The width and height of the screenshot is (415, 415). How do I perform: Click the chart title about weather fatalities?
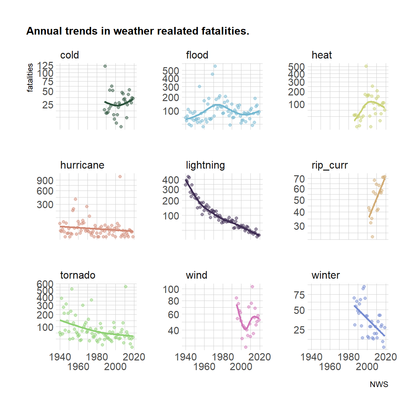[138, 31]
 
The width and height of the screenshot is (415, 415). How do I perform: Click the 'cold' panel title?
[69, 55]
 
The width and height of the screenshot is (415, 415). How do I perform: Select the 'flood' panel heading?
[197, 55]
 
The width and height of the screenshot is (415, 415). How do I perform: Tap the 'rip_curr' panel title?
[330, 165]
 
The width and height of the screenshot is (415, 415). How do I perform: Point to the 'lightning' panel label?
[205, 165]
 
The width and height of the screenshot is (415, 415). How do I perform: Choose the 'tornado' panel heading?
[77, 275]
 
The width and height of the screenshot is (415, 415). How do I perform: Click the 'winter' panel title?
[326, 275]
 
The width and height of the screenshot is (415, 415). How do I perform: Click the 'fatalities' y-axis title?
[30, 77]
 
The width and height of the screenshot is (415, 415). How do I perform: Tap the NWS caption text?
[379, 384]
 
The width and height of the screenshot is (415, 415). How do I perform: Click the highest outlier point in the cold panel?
[105, 66]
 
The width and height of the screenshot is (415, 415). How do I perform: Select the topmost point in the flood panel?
[215, 66]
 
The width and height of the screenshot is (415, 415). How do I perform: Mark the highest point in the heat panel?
[366, 66]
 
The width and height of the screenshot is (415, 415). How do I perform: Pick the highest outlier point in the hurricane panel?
[120, 177]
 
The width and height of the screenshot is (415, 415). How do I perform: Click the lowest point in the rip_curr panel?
[372, 237]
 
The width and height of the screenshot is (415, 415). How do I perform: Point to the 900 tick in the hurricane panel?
[45, 181]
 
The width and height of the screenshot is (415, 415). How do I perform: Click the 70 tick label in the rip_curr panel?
[299, 179]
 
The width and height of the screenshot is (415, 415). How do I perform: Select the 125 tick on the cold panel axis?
[45, 66]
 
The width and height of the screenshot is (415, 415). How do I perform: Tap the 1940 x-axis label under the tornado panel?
[60, 357]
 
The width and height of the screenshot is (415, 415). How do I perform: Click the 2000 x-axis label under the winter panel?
[367, 367]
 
